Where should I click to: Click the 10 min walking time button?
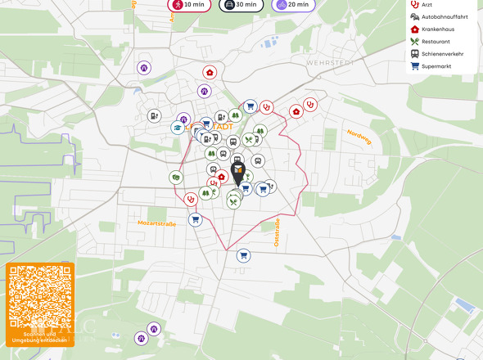point(188,5)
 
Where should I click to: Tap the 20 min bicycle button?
point(292,5)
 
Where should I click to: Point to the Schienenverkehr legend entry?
point(440,54)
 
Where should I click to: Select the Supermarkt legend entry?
point(436,66)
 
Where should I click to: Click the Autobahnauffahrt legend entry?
point(442,16)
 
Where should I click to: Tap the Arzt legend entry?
point(426,5)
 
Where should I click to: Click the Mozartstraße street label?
point(156,223)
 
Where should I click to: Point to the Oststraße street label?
point(277,232)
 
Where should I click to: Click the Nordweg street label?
point(359,137)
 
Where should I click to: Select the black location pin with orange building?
point(237,172)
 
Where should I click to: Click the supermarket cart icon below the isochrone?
point(243,255)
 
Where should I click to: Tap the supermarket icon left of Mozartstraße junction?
point(195,219)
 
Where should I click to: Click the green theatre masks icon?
point(175,178)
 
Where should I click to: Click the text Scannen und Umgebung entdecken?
point(40,337)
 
